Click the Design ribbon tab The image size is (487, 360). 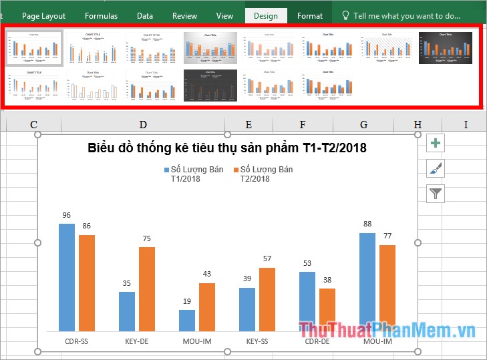(265, 16)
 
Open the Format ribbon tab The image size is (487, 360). (310, 16)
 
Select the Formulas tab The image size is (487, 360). (101, 16)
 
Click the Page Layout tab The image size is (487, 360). (43, 16)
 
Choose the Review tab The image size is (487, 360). (184, 16)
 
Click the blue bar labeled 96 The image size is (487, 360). (67, 277)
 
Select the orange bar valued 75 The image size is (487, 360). (147, 289)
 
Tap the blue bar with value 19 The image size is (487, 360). (187, 320)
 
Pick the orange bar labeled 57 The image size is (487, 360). (267, 299)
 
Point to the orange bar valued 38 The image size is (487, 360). (327, 309)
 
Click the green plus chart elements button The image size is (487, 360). (436, 143)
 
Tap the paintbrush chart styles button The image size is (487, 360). (436, 168)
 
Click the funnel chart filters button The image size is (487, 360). (436, 194)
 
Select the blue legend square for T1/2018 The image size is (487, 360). (166, 170)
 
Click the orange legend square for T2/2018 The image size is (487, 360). (236, 170)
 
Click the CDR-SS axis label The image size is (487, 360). (77, 341)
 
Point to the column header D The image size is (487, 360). (143, 124)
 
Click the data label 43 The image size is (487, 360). (207, 275)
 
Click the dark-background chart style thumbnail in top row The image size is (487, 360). (446, 47)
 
